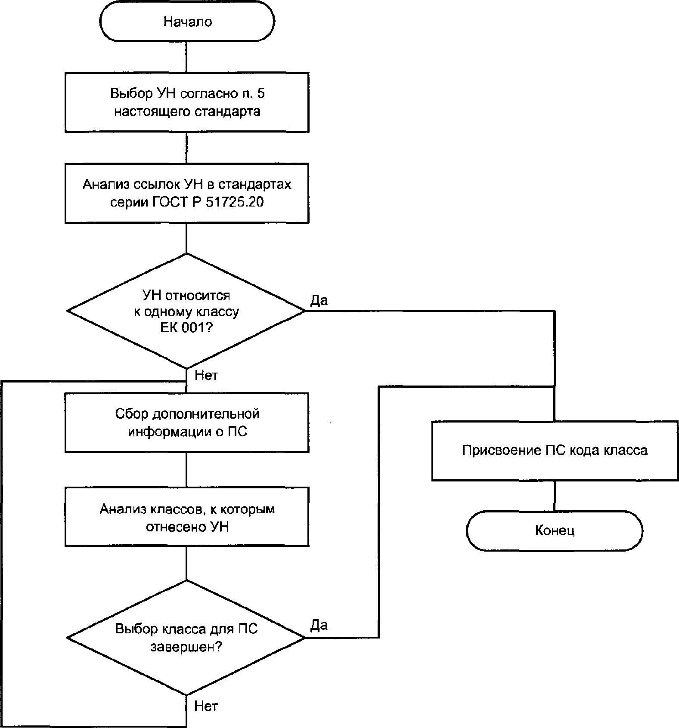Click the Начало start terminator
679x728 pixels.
pos(187,22)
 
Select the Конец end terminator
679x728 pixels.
pos(554,531)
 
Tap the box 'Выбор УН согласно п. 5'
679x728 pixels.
pos(187,102)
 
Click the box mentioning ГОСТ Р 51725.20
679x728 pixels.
pos(187,193)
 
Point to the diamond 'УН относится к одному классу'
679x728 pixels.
pos(186,311)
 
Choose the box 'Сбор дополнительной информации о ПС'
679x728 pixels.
pos(187,423)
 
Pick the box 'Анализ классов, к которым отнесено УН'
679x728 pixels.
pos(187,517)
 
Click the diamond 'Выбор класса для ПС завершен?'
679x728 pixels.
pos(186,637)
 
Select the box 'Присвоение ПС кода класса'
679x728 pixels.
pos(555,450)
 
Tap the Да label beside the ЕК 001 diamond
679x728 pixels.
pos(319,300)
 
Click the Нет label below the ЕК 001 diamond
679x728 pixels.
pos(206,376)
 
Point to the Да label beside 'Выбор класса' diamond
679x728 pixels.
pos(319,625)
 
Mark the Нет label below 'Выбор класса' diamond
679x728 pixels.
pos(206,706)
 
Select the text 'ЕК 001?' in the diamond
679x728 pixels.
pos(186,327)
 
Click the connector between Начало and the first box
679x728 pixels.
pos(186,57)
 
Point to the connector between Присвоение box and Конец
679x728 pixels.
pos(554,496)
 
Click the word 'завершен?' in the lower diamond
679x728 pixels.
pos(186,647)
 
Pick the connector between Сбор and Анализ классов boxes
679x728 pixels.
pos(186,469)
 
